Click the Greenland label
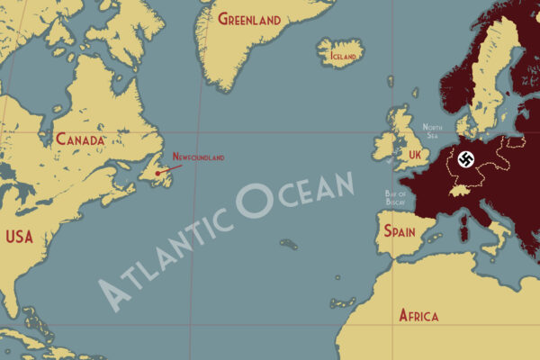click(x=249, y=20)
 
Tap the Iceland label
click(x=343, y=56)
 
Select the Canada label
click(x=80, y=140)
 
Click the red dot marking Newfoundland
click(x=157, y=173)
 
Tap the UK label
click(x=414, y=156)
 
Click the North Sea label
click(x=432, y=132)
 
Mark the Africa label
click(x=418, y=316)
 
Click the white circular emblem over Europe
click(x=465, y=160)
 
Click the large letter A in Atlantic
click(x=113, y=292)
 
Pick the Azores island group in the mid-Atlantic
click(x=288, y=243)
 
